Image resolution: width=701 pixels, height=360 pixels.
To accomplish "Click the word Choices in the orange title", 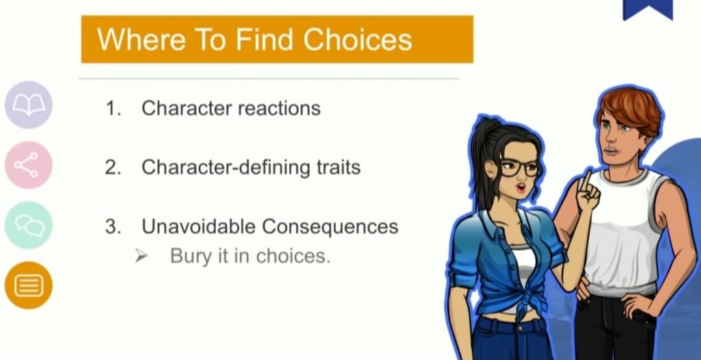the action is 357,40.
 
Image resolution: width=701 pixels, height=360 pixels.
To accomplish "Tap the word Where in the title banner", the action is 141,40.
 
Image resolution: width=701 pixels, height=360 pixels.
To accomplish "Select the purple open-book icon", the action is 29,105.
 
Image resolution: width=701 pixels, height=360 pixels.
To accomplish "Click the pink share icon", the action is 29,165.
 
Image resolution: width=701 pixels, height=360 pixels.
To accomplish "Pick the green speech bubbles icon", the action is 29,225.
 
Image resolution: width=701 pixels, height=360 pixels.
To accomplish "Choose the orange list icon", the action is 29,285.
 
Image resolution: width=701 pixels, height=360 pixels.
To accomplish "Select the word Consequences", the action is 330,227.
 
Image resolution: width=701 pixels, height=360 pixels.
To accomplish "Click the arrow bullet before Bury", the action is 141,256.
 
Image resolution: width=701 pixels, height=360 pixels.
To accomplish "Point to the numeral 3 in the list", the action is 112,227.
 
